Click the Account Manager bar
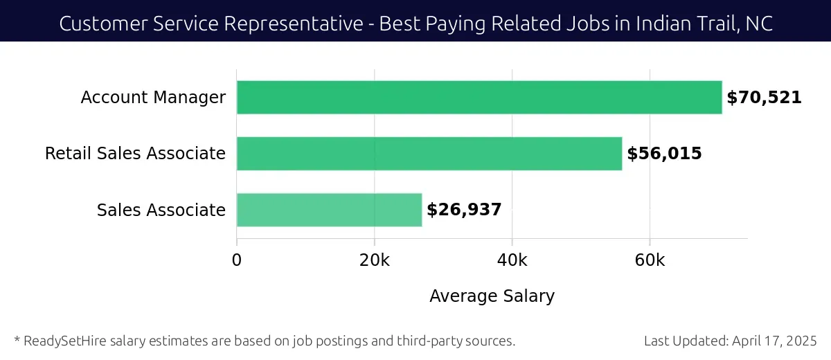479,98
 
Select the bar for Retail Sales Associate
429,154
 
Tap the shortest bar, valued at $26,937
329,210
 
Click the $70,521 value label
764,98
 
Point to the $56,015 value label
664,154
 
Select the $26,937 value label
464,210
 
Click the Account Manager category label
153,98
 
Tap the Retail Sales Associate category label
135,154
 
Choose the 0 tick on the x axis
237,260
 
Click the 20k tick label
375,260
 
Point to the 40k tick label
512,260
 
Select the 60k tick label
650,260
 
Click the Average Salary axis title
492,296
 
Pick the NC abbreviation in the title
760,24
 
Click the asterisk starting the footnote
17,339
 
